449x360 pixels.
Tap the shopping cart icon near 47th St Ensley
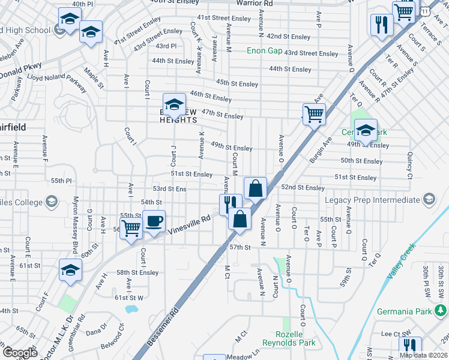[314, 113]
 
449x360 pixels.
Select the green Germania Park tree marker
[441, 310]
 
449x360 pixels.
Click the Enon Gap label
[264, 51]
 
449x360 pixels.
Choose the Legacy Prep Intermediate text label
[372, 200]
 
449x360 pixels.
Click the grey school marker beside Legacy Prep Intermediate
[429, 199]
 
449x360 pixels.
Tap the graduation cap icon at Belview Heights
[174, 104]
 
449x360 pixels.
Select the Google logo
[20, 353]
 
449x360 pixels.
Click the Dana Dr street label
[97, 328]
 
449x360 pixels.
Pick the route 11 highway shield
[425, 11]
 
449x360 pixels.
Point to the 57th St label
[240, 247]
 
